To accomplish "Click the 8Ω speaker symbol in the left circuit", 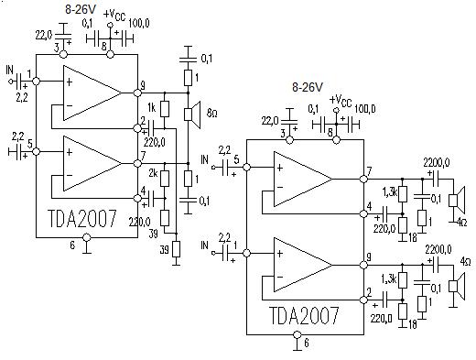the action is click(192, 115).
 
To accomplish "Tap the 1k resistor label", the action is click(151, 108).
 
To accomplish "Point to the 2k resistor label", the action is click(153, 174).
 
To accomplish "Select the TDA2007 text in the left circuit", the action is click(82, 219).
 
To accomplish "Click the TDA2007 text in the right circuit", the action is click(304, 315).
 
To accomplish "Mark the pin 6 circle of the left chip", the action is click(87, 237).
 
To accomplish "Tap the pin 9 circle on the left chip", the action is click(137, 93).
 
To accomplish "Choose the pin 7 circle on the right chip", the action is click(363, 179).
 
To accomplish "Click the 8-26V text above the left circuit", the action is click(81, 9).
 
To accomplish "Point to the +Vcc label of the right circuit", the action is click(341, 101).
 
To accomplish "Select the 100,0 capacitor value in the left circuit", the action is click(139, 23).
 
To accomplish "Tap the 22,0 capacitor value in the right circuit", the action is click(270, 121).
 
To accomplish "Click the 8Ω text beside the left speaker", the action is click(211, 114).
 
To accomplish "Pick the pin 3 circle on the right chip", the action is click(289, 140).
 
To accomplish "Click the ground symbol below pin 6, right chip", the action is click(297, 346).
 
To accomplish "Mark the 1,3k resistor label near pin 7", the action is click(389, 192).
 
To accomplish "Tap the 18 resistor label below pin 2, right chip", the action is click(412, 324).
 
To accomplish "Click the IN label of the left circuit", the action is click(10, 71).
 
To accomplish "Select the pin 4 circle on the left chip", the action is click(137, 198).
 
